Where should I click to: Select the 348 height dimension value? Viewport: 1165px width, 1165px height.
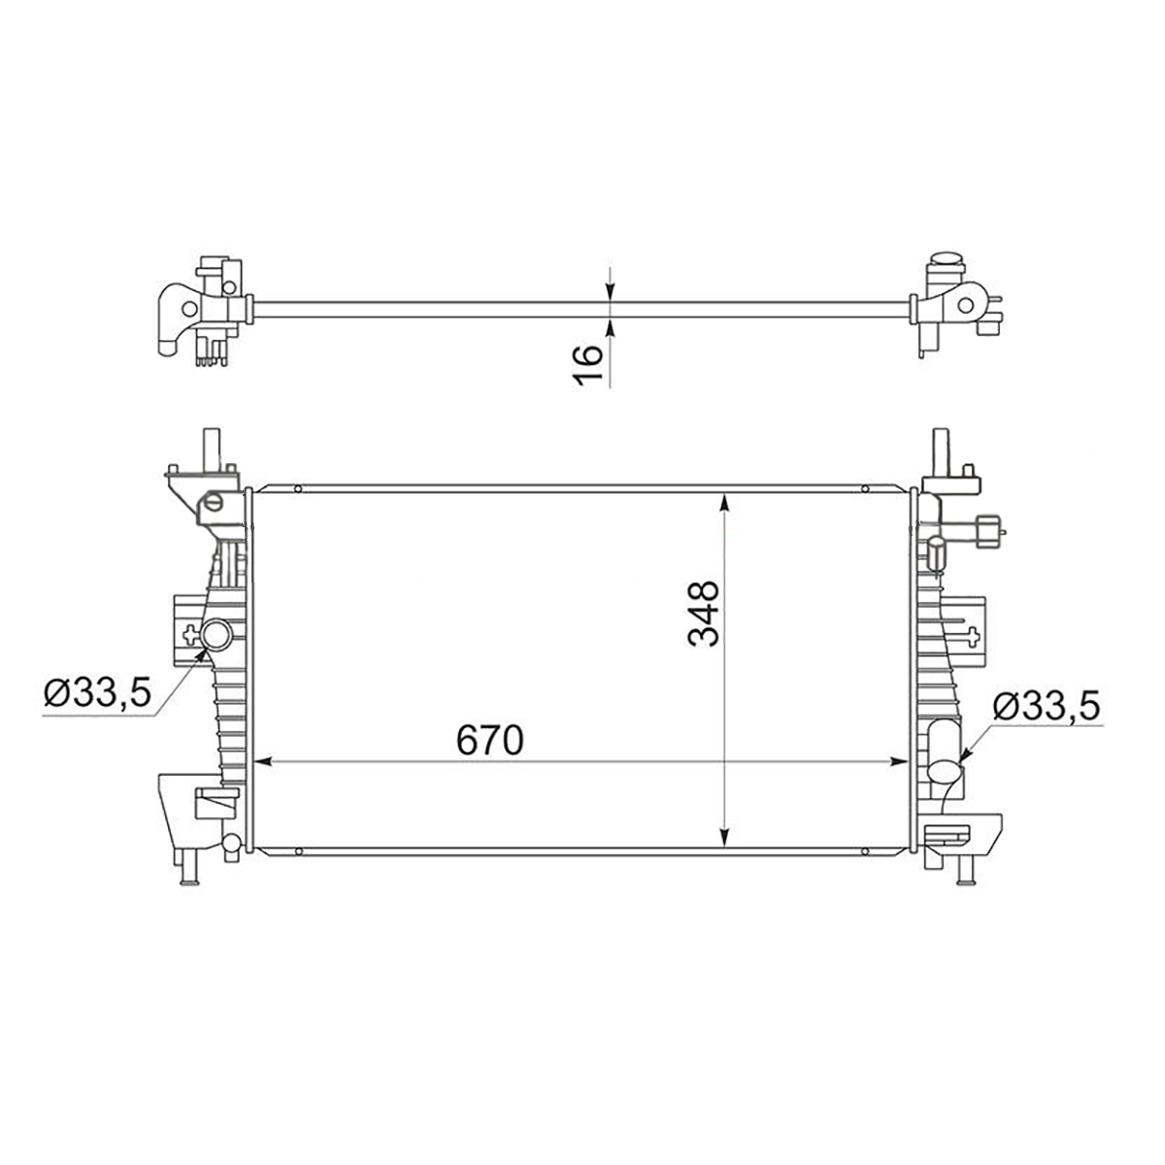tap(704, 615)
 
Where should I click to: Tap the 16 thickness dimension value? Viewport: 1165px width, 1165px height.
tap(587, 365)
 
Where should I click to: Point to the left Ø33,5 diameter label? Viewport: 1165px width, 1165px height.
tap(97, 692)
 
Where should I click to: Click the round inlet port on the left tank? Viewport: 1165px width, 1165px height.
tap(216, 635)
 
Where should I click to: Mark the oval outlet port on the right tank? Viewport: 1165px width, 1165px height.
tap(945, 772)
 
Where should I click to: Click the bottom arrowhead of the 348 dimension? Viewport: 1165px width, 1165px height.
tap(725, 837)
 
